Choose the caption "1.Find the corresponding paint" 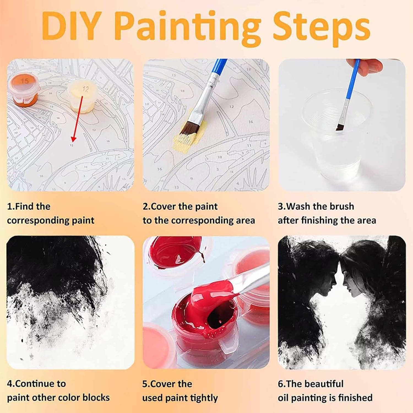pos(51,213)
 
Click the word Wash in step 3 pos(300,206)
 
